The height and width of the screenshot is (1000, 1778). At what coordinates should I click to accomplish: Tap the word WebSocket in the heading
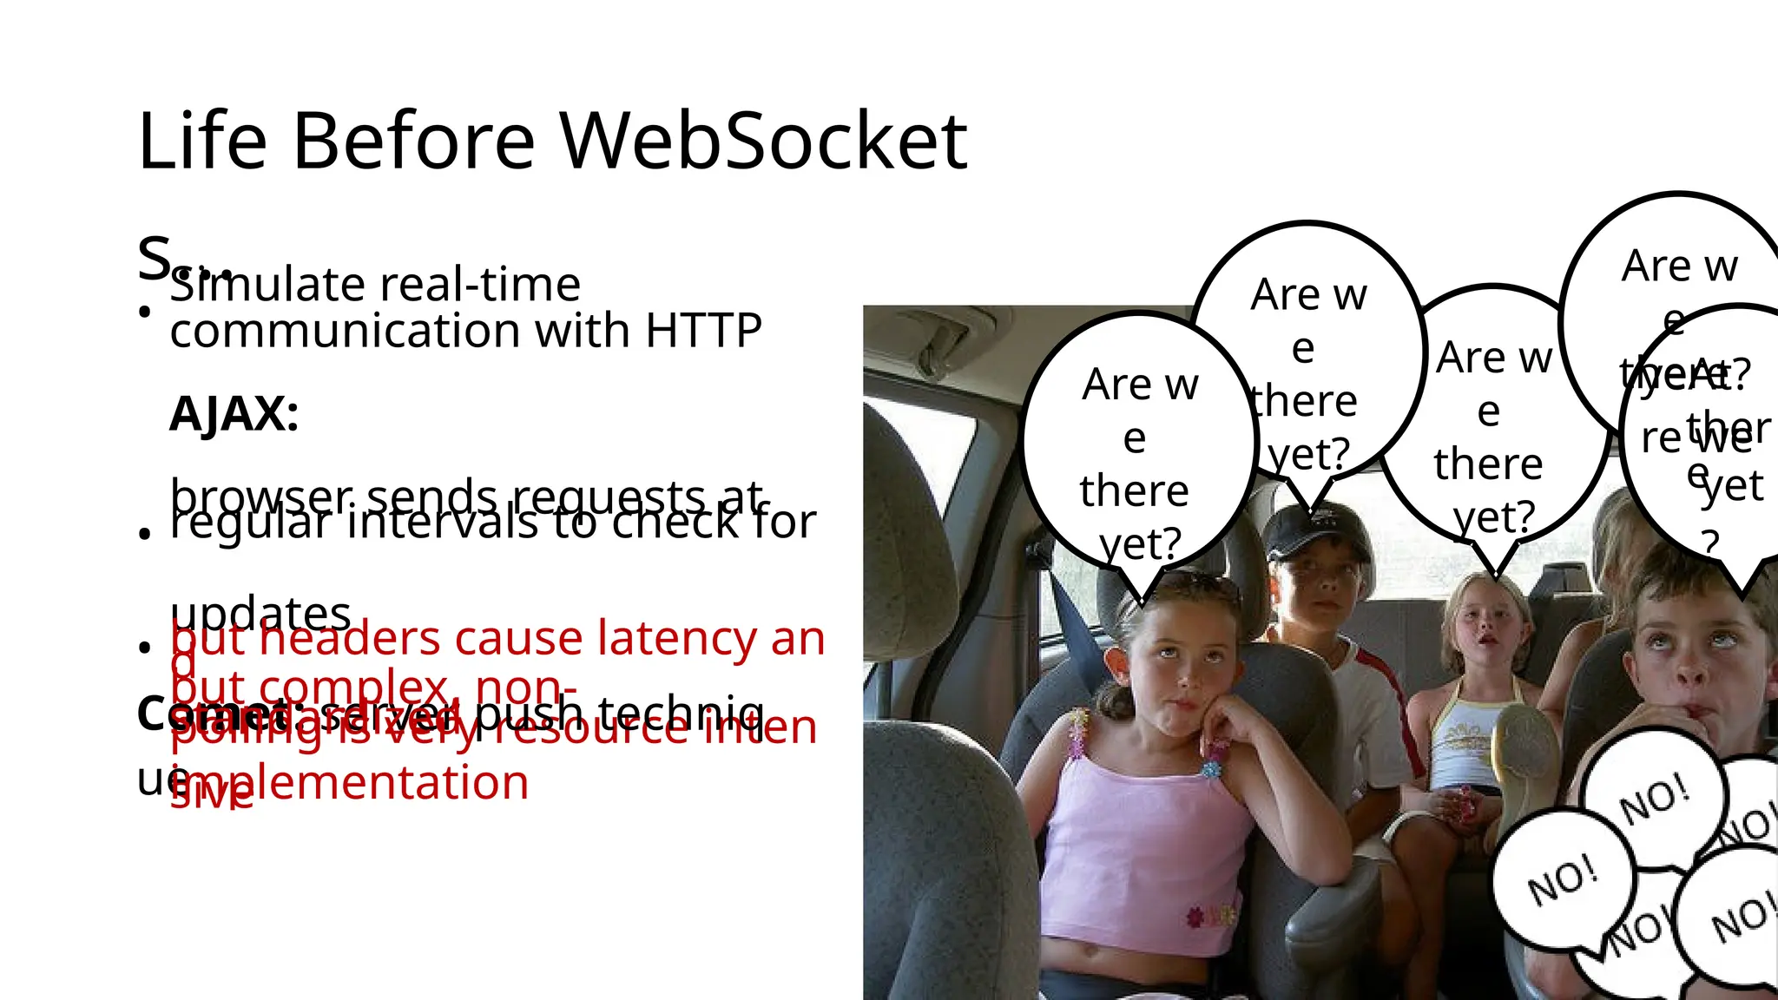tap(762, 141)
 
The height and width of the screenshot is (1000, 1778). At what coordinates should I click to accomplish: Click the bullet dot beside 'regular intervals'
tap(145, 533)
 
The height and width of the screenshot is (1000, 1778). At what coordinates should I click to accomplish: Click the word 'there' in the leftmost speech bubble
tap(1134, 490)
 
